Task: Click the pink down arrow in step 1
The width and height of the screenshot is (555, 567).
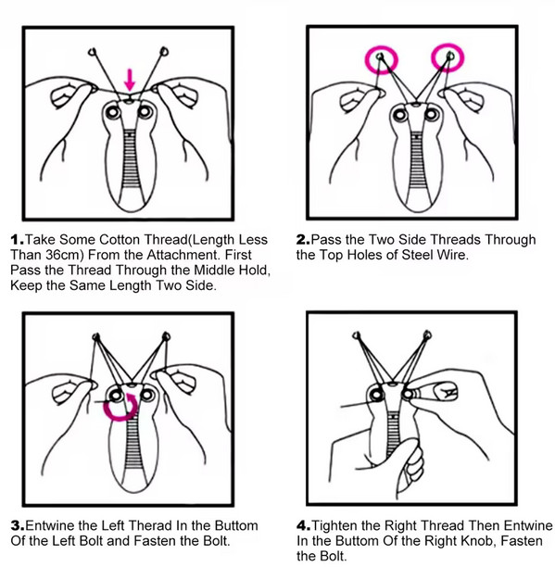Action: click(130, 81)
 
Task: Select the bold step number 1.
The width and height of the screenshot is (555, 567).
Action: click(18, 239)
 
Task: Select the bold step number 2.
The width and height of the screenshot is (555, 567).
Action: click(303, 239)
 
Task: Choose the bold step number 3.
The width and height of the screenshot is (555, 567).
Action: click(18, 525)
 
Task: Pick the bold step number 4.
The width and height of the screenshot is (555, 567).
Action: click(303, 525)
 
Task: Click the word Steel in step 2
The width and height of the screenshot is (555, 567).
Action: click(418, 255)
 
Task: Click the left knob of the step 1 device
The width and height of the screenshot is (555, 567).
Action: click(113, 112)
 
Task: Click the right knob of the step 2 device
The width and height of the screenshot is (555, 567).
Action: click(432, 115)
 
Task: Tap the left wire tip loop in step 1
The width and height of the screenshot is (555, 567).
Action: click(93, 52)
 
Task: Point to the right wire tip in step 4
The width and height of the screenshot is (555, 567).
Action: click(427, 334)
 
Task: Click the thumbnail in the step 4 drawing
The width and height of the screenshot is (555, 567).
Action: click(447, 392)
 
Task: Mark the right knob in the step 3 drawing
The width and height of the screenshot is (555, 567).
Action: click(147, 395)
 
